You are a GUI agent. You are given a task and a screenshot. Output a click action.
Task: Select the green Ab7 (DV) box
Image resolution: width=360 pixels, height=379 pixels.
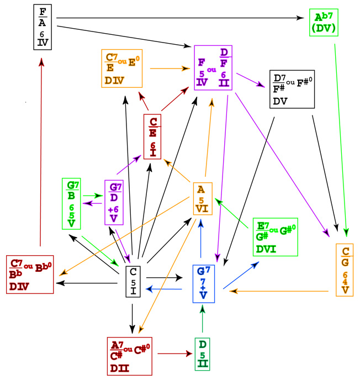click(324, 22)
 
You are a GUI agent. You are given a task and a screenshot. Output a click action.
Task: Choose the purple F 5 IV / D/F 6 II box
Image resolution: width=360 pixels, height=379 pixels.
click(213, 67)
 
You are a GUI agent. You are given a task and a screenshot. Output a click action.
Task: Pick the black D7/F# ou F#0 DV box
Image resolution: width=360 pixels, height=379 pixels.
click(291, 89)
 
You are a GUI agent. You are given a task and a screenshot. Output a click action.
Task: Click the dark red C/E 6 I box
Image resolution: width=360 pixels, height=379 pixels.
click(152, 136)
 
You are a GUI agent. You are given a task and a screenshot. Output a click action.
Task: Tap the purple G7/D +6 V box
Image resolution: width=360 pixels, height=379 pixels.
click(113, 202)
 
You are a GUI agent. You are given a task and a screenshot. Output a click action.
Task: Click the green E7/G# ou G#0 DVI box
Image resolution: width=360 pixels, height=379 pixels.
click(274, 236)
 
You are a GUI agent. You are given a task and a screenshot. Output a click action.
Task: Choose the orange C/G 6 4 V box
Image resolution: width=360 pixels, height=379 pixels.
click(345, 269)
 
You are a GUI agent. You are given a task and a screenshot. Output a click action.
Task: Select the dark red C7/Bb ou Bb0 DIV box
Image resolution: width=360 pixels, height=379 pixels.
click(30, 274)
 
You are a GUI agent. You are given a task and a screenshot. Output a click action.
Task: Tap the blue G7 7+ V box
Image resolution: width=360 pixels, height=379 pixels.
click(204, 283)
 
